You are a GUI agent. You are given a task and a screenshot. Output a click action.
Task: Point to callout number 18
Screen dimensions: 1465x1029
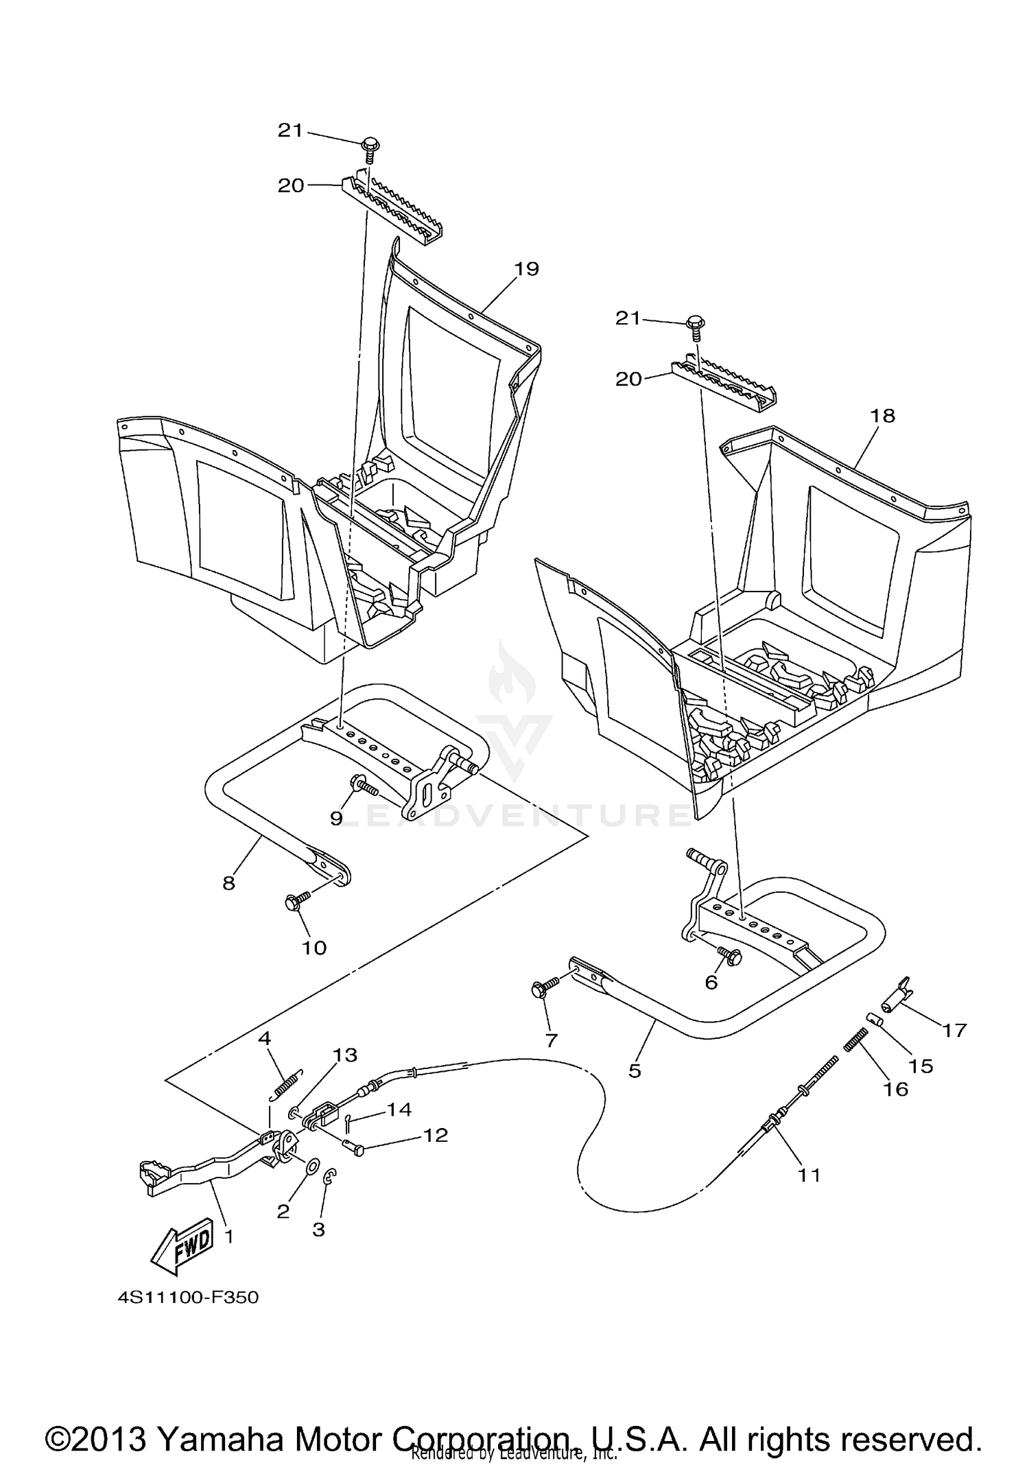click(x=883, y=415)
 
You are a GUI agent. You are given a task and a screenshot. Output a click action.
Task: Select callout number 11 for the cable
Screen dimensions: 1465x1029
click(x=809, y=1175)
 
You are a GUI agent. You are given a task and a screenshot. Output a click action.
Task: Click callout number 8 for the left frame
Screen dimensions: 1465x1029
click(x=228, y=883)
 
